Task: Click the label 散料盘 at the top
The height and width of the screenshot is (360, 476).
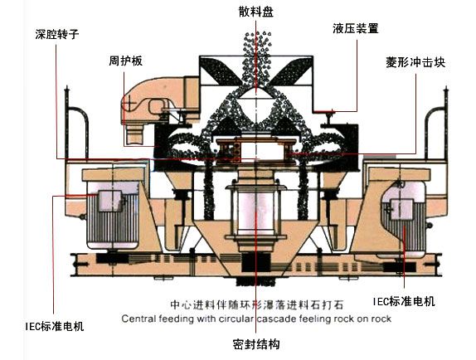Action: coord(256,12)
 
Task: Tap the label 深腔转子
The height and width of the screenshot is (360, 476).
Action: coord(57,34)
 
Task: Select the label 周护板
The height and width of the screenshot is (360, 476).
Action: coord(126,61)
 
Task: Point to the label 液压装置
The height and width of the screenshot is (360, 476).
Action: coord(356,28)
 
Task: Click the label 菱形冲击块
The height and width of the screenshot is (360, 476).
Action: coord(415,62)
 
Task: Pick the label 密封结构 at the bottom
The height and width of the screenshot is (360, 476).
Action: coord(256,344)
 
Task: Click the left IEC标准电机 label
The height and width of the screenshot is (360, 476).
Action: coord(55,326)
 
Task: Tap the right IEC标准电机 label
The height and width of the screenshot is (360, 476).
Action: coord(404,301)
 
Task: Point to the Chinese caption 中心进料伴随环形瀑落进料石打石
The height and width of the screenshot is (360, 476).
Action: coord(256,304)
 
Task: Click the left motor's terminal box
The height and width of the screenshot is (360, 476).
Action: coord(111,201)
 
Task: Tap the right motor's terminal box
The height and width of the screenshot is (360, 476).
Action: coord(401,209)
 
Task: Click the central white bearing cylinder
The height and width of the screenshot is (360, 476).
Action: coord(256,212)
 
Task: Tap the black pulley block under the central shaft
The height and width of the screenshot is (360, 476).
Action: coord(255,263)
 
